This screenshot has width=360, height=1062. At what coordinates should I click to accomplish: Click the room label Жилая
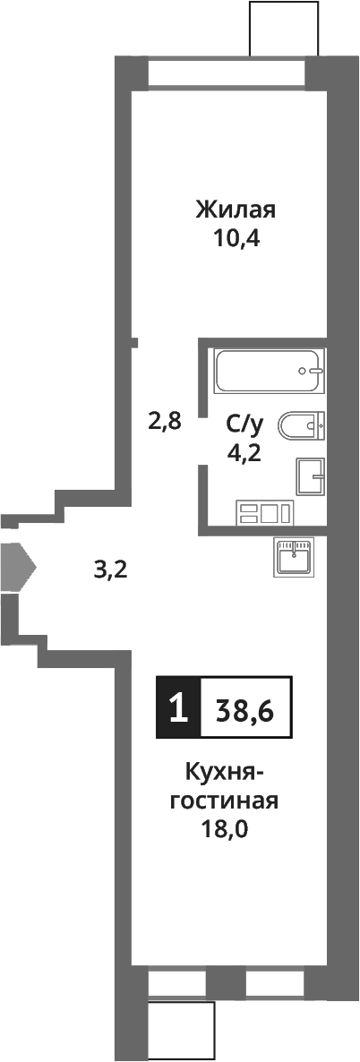coord(236,210)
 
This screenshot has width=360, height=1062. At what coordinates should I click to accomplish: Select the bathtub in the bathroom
coord(268,370)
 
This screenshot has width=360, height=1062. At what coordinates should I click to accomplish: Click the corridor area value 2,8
coord(165,420)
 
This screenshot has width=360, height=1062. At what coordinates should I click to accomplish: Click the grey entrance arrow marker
coord(17,565)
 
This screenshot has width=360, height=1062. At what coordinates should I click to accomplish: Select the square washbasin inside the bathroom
coord(310,476)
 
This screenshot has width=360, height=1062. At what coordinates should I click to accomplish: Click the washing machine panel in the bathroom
coord(264,514)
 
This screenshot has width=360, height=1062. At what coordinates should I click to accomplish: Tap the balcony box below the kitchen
coord(182,1029)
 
